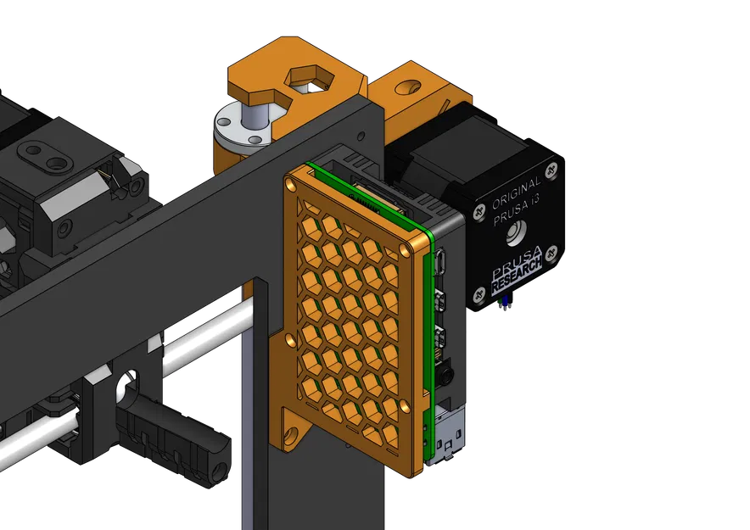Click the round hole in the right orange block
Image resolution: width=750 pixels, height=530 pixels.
click(409, 87)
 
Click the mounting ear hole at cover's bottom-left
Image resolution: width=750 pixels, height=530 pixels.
click(292, 434)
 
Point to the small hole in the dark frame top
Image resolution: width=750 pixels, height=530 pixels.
click(361, 135)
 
